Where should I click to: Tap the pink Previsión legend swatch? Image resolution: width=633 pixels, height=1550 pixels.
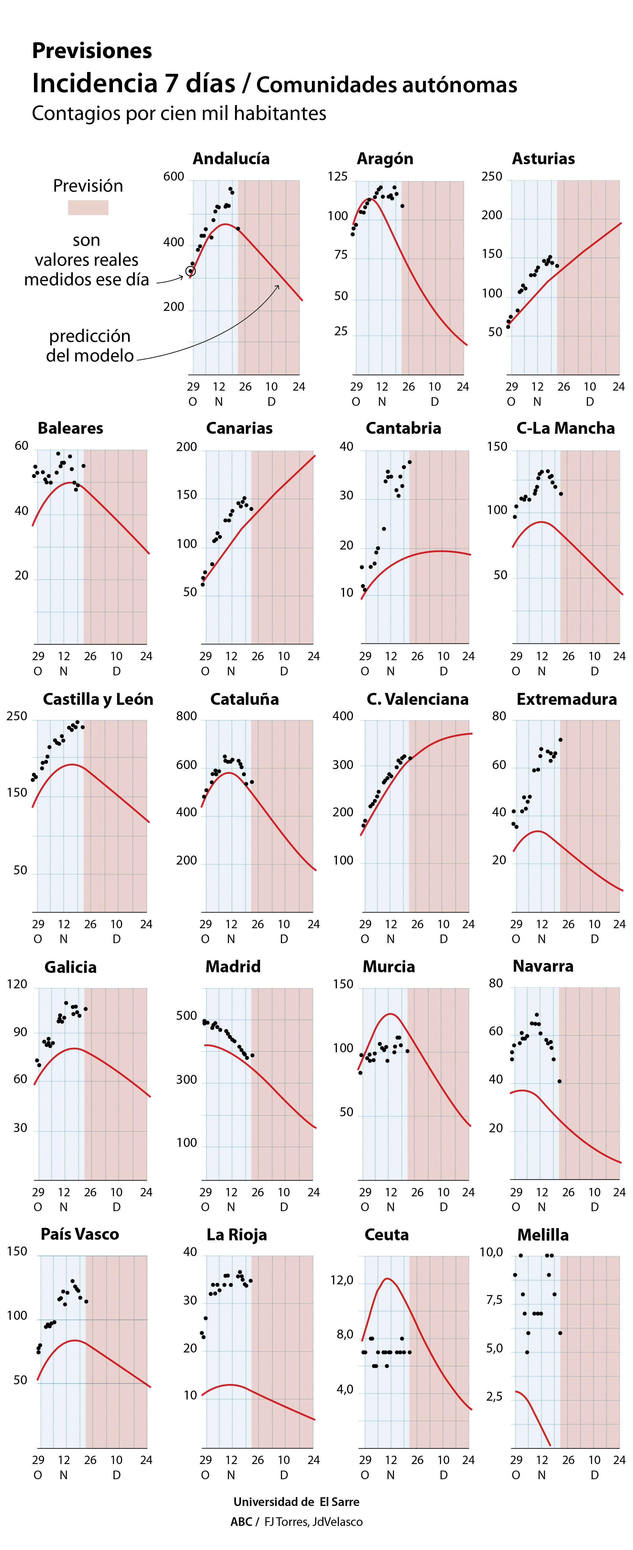88,208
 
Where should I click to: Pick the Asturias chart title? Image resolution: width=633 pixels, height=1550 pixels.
543,159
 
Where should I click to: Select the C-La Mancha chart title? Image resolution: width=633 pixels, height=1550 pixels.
566,428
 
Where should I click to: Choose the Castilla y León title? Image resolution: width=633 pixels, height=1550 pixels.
98,699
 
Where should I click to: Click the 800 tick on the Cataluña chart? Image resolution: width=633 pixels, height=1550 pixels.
187,716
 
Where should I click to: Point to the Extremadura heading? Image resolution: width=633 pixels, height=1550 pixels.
567,699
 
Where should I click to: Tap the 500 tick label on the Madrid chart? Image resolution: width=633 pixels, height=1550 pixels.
187,1016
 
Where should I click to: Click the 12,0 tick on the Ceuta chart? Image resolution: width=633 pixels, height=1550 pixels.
341,1280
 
